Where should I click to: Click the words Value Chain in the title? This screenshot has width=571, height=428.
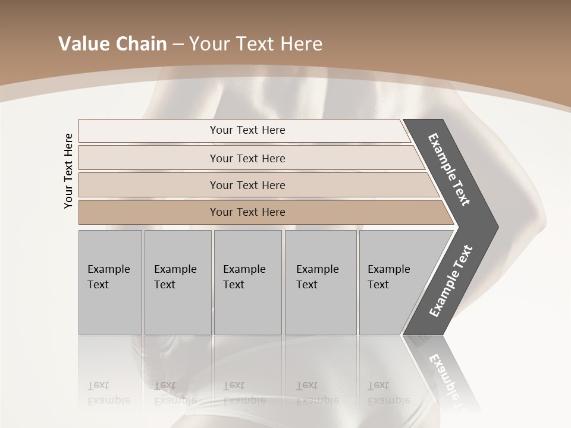(x=112, y=44)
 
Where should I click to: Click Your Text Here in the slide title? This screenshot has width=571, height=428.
(x=256, y=44)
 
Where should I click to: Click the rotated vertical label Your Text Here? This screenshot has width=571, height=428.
(x=68, y=171)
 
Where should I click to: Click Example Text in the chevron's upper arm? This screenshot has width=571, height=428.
(x=449, y=169)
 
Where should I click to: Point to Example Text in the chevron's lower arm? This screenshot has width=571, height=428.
(x=450, y=281)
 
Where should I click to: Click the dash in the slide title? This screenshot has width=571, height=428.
(x=178, y=44)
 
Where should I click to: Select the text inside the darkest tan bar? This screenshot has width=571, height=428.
(x=247, y=212)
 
